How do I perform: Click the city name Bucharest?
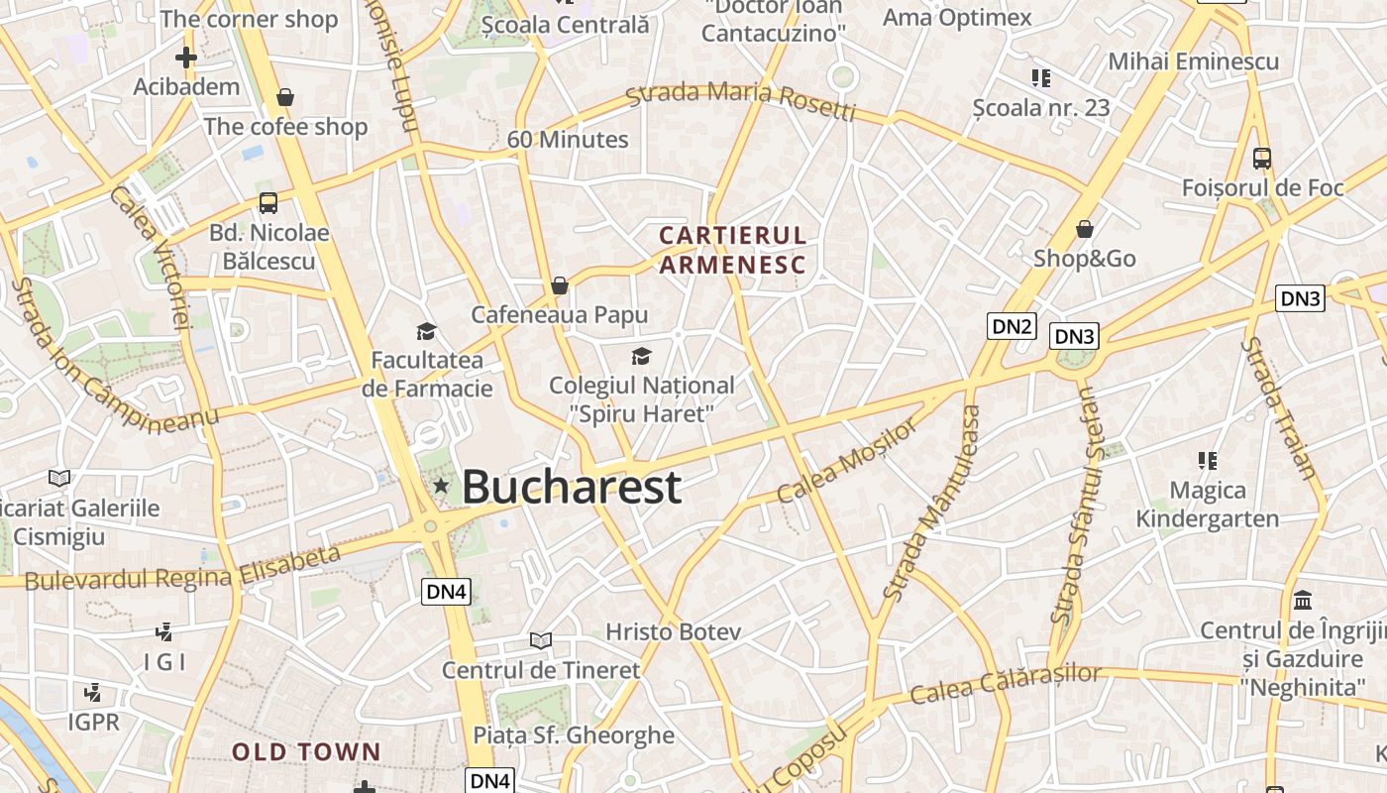[572, 487]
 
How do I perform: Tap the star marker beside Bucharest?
[441, 486]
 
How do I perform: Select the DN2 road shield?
[1012, 325]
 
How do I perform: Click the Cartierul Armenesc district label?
[732, 250]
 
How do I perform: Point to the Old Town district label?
[306, 751]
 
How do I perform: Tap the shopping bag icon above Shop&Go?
[1085, 229]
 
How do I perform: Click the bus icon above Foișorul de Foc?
[1262, 158]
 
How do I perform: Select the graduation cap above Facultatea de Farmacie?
[426, 331]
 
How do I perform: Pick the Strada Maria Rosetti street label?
[741, 100]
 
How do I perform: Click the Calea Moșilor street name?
[848, 460]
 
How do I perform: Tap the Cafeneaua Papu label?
[560, 314]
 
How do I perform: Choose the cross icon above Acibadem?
[185, 57]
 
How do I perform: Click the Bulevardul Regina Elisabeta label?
[183, 568]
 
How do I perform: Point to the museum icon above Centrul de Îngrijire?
[1303, 601]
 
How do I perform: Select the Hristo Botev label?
[673, 631]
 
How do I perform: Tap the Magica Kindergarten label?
[1207, 504]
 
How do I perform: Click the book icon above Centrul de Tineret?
[540, 641]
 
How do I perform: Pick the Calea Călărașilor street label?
[1006, 683]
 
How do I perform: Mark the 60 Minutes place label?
[568, 139]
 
